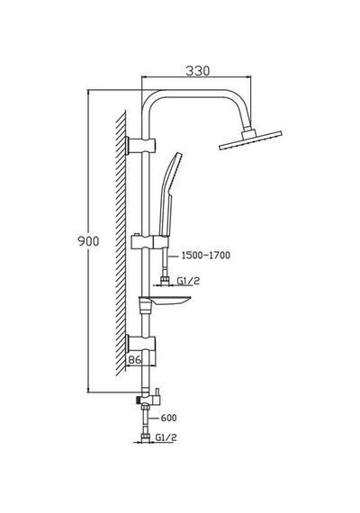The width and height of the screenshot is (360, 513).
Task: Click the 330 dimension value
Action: [198, 71]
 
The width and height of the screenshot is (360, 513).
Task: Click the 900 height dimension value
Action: [88, 241]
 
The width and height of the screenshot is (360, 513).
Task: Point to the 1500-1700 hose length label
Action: [206, 255]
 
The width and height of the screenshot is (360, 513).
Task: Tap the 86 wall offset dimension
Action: [134, 360]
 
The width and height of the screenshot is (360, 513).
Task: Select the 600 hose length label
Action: [168, 418]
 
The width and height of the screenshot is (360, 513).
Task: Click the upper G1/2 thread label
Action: [188, 281]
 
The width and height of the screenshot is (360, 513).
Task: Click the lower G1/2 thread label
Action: [166, 437]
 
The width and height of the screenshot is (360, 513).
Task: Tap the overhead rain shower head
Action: [250, 140]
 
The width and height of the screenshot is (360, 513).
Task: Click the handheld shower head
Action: [169, 193]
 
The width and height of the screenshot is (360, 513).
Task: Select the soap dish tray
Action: [165, 301]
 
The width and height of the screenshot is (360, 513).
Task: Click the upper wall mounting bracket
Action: [140, 146]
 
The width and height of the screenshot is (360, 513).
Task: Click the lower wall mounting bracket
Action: [140, 344]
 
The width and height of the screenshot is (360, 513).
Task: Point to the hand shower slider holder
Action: [150, 241]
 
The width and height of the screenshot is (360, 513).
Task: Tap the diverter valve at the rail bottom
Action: [148, 398]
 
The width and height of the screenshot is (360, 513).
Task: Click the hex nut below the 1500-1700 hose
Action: [165, 280]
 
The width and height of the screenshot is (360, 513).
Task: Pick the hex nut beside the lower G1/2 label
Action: [145, 437]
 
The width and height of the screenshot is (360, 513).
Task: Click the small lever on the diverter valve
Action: [157, 391]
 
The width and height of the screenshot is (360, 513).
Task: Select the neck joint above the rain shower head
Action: [247, 133]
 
